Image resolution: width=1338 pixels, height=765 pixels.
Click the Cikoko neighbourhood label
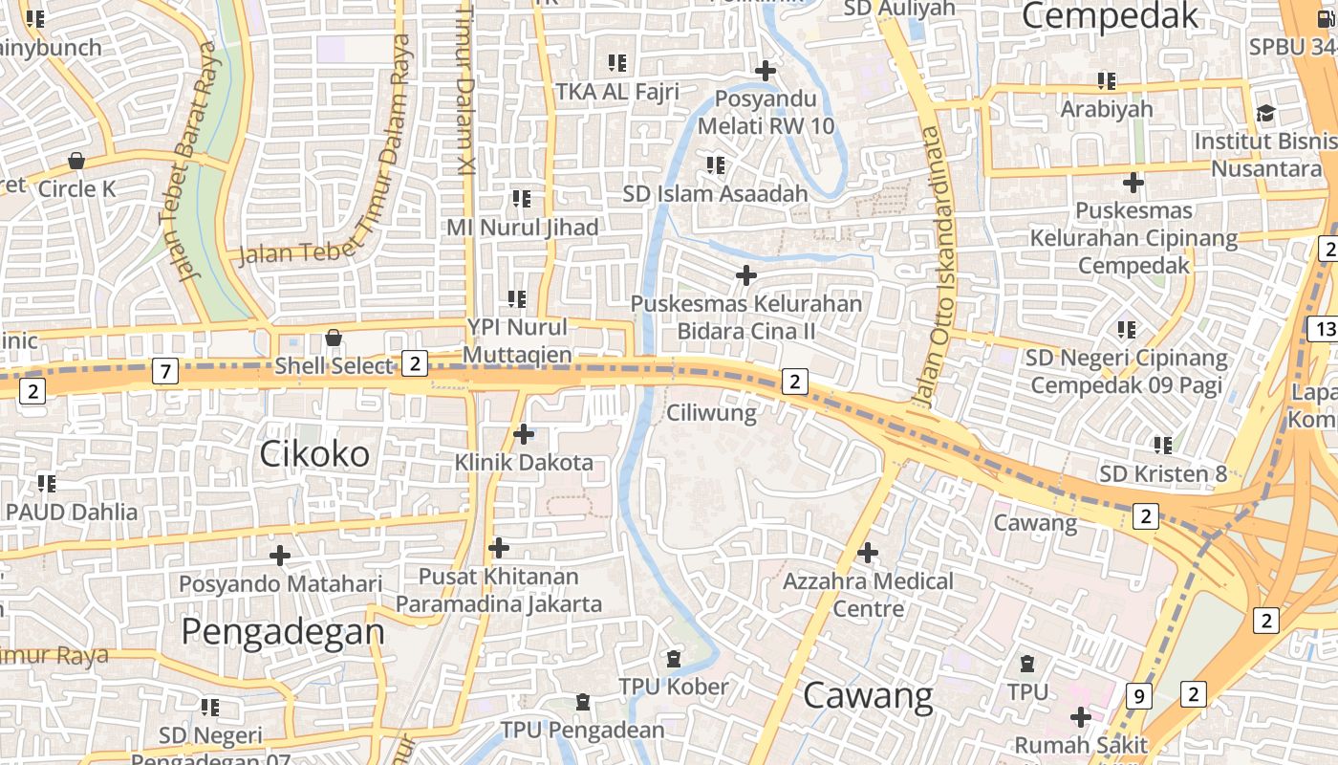(x=314, y=454)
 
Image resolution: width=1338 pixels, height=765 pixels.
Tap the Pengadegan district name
(x=283, y=632)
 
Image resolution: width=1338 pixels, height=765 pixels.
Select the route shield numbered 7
(x=165, y=371)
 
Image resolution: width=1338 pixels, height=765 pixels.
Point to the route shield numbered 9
(x=1138, y=696)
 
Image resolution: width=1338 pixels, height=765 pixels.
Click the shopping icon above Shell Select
(x=334, y=338)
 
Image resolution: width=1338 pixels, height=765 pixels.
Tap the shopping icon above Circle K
(x=76, y=161)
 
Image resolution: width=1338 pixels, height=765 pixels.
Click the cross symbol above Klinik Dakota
(x=524, y=434)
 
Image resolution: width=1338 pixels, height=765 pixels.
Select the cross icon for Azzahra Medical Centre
(x=868, y=553)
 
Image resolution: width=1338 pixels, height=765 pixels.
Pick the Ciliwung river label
(x=711, y=413)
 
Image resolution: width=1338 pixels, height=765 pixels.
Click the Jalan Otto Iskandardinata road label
(x=931, y=268)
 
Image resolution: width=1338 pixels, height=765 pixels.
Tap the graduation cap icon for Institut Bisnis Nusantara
(x=1265, y=113)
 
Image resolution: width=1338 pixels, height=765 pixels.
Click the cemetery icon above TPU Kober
(x=674, y=659)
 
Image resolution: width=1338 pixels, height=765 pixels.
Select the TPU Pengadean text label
(x=582, y=731)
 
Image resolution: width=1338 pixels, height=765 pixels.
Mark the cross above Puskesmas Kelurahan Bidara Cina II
(x=746, y=276)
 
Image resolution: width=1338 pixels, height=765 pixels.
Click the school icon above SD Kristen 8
(x=1163, y=446)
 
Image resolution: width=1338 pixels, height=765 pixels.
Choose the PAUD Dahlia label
(x=72, y=512)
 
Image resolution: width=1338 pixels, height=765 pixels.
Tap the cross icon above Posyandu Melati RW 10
(x=766, y=71)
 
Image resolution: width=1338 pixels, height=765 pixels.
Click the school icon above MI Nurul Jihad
(x=522, y=199)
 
